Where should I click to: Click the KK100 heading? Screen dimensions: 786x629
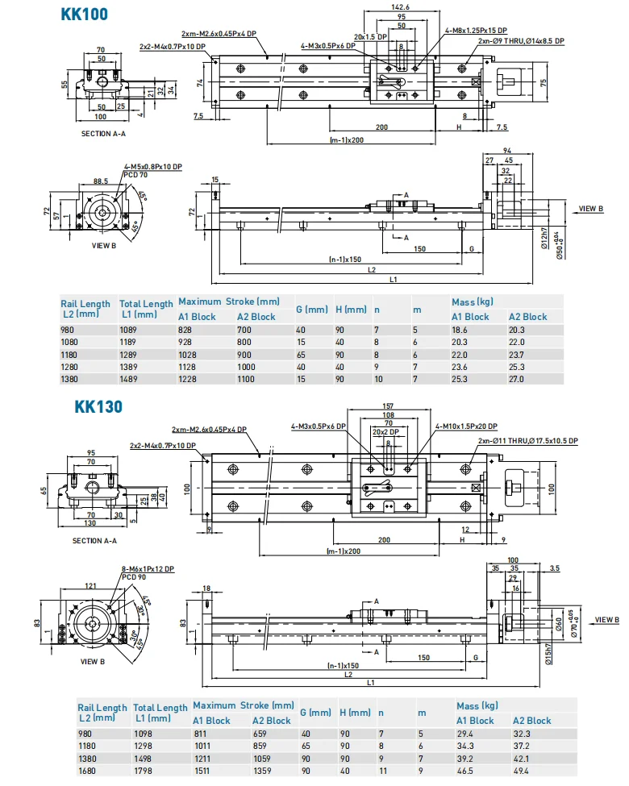pyautogui.click(x=85, y=14)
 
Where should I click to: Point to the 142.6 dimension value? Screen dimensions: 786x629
pyautogui.click(x=400, y=7)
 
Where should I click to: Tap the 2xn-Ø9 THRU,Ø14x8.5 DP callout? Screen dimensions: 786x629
pyautogui.click(x=521, y=40)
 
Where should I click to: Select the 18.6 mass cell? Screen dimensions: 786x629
pyautogui.click(x=460, y=331)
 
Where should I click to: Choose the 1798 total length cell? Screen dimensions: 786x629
pyautogui.click(x=144, y=771)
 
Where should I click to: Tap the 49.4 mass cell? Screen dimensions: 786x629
pyautogui.click(x=523, y=771)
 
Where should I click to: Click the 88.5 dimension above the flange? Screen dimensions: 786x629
pyautogui.click(x=101, y=181)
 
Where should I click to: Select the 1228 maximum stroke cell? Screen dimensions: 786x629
pyautogui.click(x=188, y=380)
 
